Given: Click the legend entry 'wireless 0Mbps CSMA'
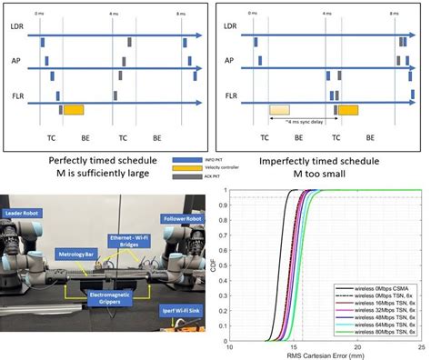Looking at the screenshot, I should coord(375,286).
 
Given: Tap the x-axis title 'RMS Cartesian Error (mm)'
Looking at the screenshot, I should coord(325,355).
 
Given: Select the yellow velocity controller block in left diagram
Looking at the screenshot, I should coord(73,109).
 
